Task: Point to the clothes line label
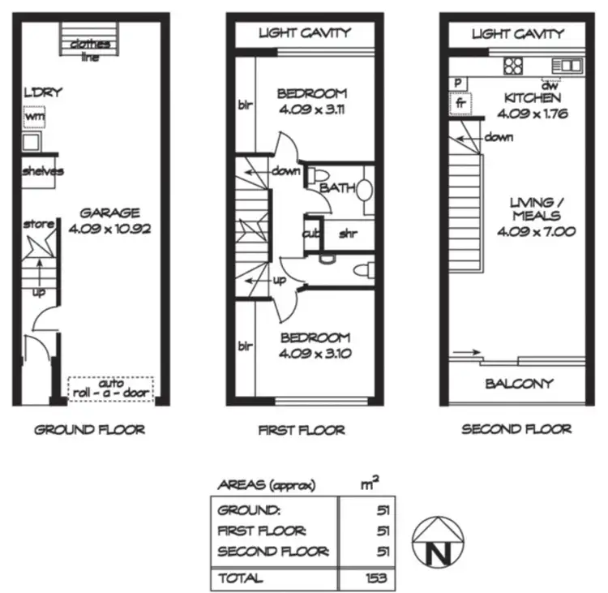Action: [x=90, y=49]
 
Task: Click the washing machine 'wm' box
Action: [x=32, y=118]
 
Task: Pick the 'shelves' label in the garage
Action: [x=42, y=171]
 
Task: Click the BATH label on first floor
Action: [x=336, y=188]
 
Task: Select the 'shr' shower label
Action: [x=349, y=235]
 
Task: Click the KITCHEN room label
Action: [x=531, y=98]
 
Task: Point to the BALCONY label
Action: [x=520, y=384]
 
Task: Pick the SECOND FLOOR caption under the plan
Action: [x=516, y=429]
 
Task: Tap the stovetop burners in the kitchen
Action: [x=514, y=66]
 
